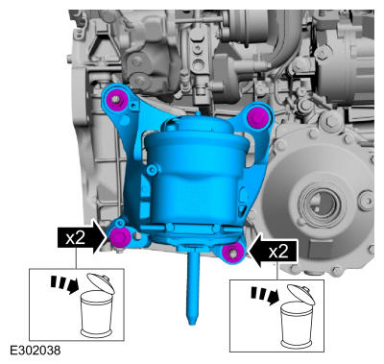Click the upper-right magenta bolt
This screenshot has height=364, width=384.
[258, 117]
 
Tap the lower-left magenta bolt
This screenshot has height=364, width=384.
[120, 237]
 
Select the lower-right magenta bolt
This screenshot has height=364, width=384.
[233, 254]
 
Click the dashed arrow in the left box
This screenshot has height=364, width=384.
[65, 285]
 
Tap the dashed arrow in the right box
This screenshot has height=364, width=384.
[265, 296]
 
